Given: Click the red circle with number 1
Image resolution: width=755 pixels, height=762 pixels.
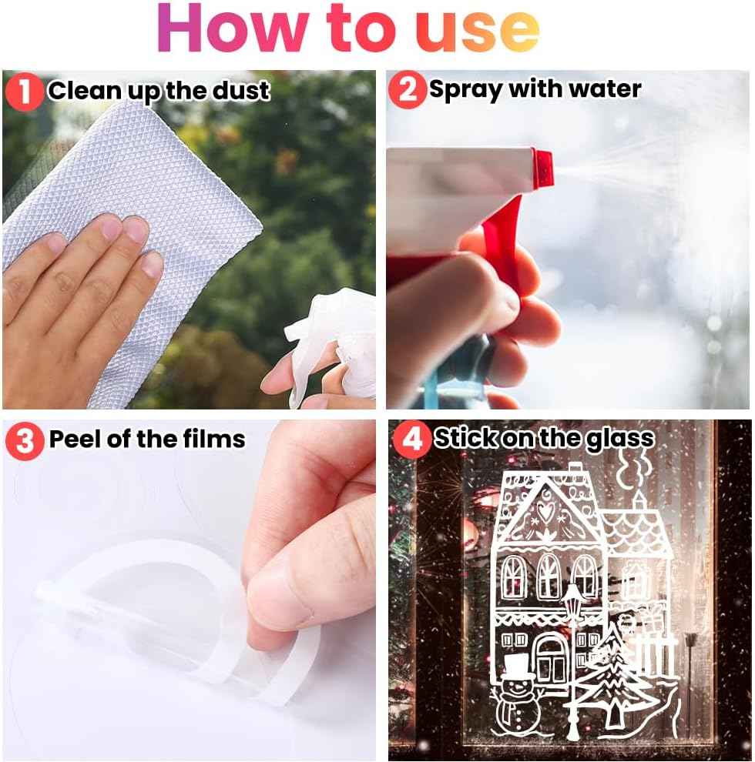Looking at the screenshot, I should [25, 92].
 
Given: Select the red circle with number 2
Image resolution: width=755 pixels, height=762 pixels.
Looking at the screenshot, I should [407, 90].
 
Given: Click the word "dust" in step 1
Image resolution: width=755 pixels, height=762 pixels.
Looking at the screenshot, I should [245, 92].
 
